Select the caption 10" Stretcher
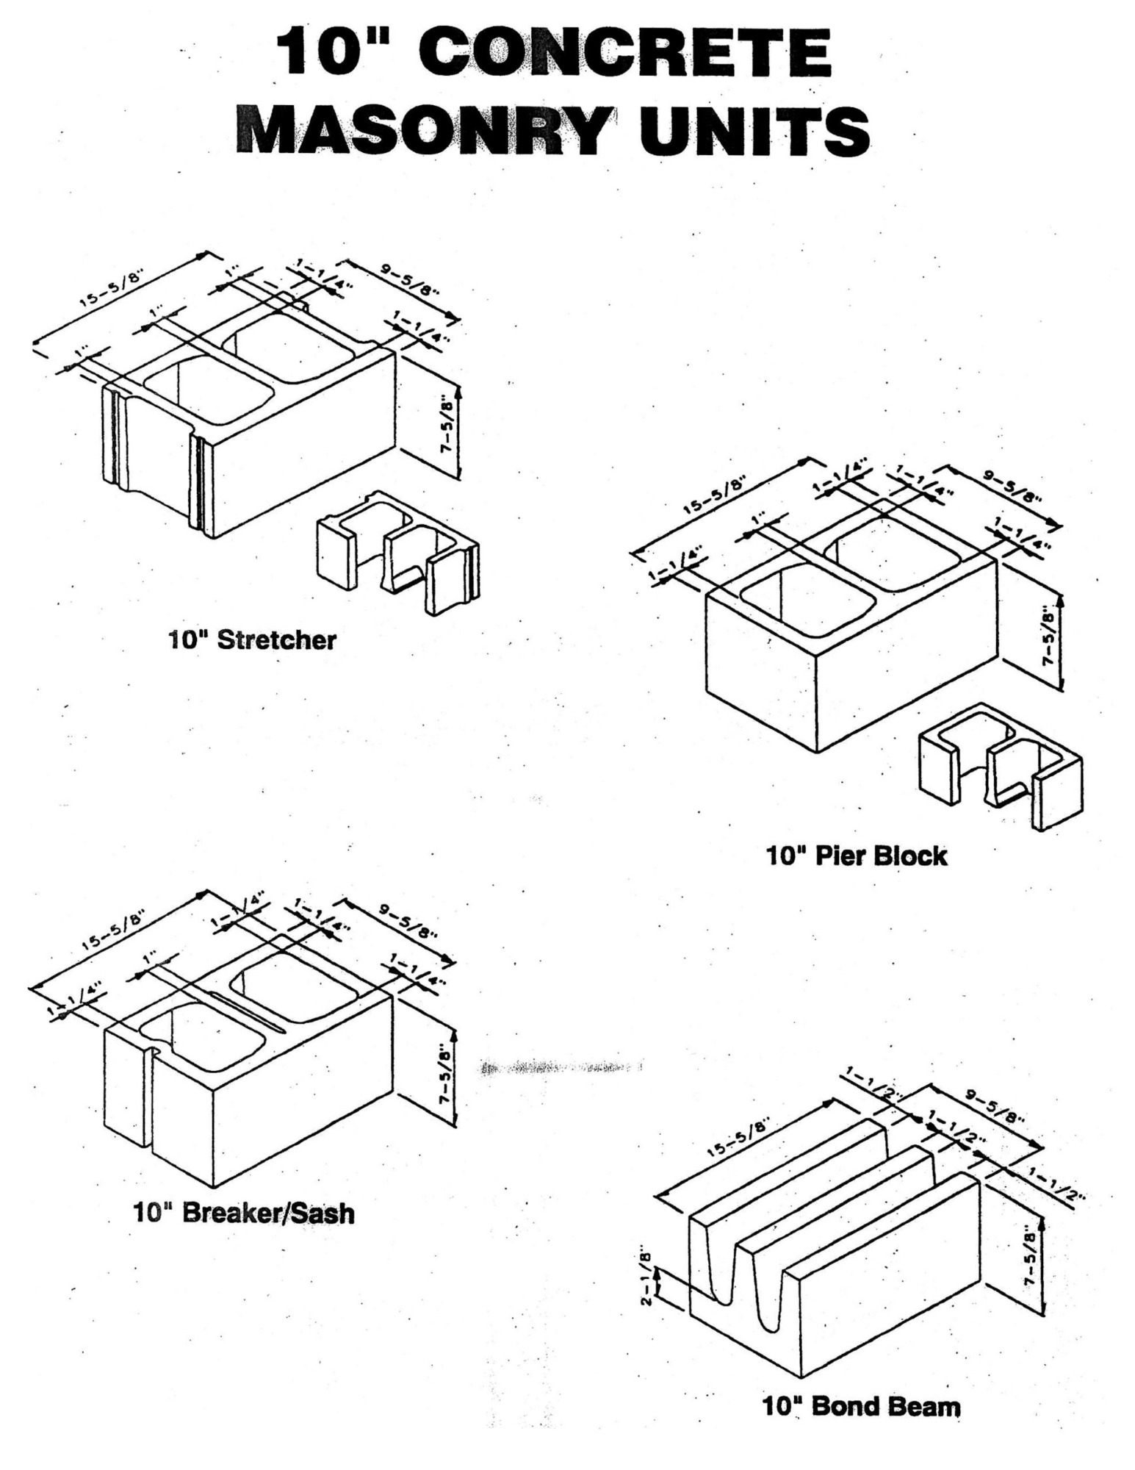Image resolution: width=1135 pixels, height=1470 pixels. (252, 639)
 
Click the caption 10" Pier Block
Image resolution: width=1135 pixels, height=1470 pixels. (857, 856)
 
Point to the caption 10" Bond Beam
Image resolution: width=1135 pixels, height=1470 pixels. (861, 1407)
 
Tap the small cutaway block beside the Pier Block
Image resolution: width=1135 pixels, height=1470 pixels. (1001, 767)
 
